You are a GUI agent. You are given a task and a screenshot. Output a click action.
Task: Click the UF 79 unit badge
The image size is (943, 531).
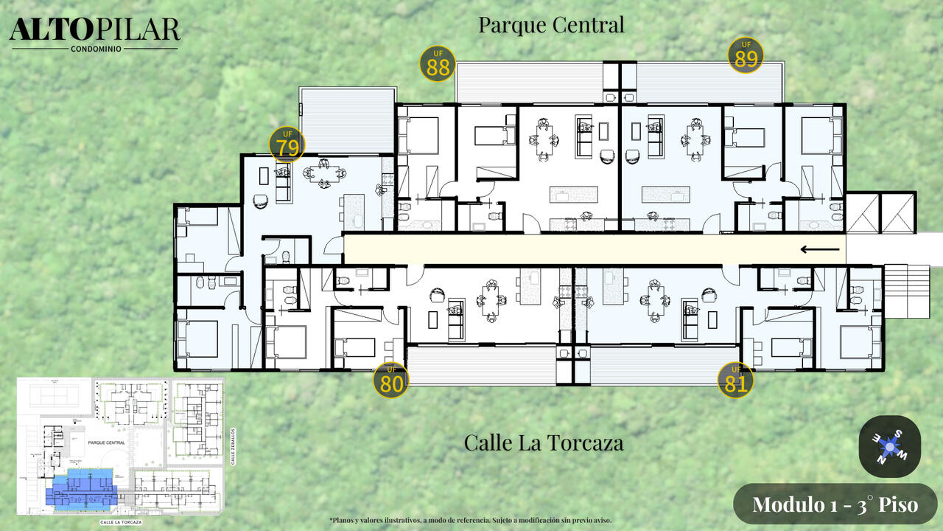287,145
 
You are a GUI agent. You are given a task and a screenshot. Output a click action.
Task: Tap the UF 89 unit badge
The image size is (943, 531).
746,55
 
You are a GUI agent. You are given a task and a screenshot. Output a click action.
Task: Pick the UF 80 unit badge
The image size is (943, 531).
390,380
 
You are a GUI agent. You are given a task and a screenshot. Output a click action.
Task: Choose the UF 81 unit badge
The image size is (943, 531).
735,380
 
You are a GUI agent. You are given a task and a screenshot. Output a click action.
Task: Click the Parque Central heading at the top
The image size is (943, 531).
551,24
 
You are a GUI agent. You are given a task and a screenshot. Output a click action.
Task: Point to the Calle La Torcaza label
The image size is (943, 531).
544,442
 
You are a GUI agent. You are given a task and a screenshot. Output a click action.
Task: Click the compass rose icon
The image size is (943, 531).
890,446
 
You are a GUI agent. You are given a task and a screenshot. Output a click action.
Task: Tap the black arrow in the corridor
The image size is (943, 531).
820,249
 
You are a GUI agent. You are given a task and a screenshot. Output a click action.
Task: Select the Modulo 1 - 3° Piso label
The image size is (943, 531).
835,504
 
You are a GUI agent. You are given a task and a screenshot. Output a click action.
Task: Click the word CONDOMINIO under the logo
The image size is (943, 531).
96,49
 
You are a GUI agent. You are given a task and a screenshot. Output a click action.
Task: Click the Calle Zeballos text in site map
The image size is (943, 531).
232,445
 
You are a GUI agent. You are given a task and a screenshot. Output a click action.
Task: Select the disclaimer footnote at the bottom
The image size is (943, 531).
470,520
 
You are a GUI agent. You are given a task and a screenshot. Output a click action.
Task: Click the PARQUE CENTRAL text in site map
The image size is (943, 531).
106,443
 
